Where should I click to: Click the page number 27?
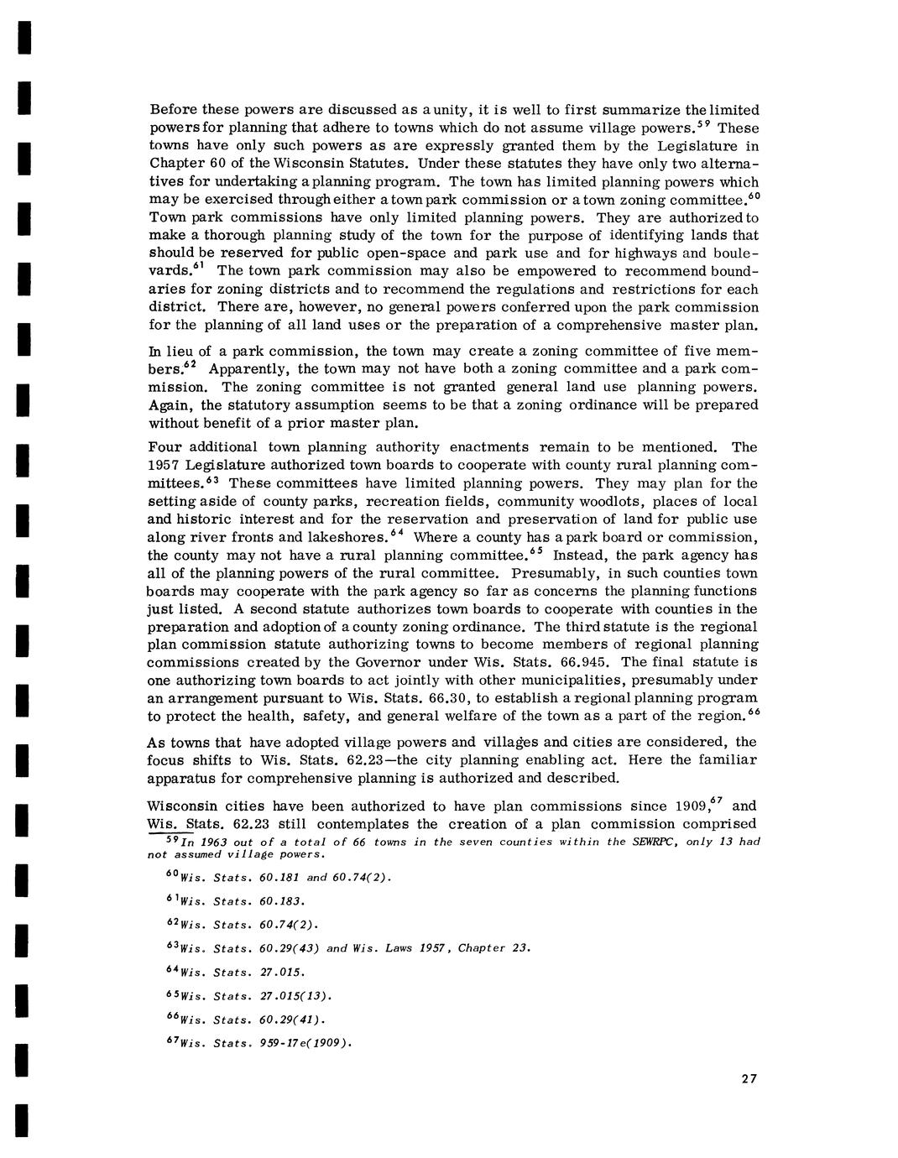[749, 1079]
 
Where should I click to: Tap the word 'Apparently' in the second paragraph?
[248, 369]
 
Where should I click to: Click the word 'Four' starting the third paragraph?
[164, 447]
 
